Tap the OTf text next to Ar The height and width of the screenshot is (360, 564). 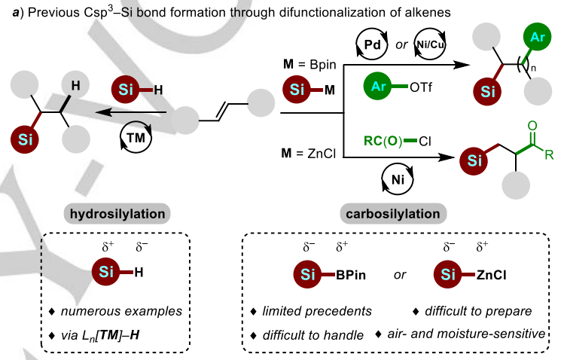[421, 87]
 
